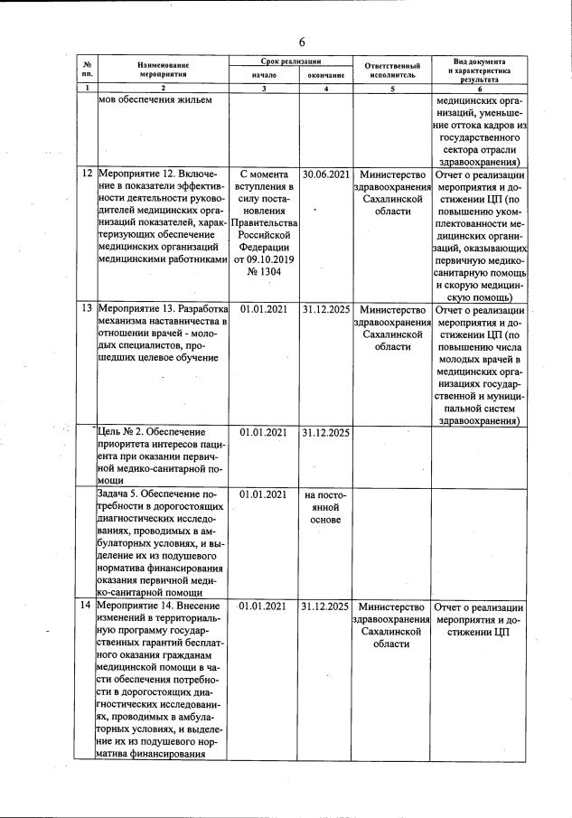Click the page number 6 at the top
click(x=303, y=42)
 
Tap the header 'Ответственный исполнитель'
click(x=393, y=71)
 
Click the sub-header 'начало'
click(x=263, y=76)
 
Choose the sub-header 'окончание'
click(x=326, y=76)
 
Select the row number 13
click(x=87, y=308)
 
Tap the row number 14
click(x=87, y=606)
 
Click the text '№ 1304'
click(x=263, y=272)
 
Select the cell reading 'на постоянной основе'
click(x=325, y=508)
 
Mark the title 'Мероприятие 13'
click(x=138, y=308)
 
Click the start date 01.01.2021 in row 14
click(x=263, y=606)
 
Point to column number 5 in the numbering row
click(x=392, y=89)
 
